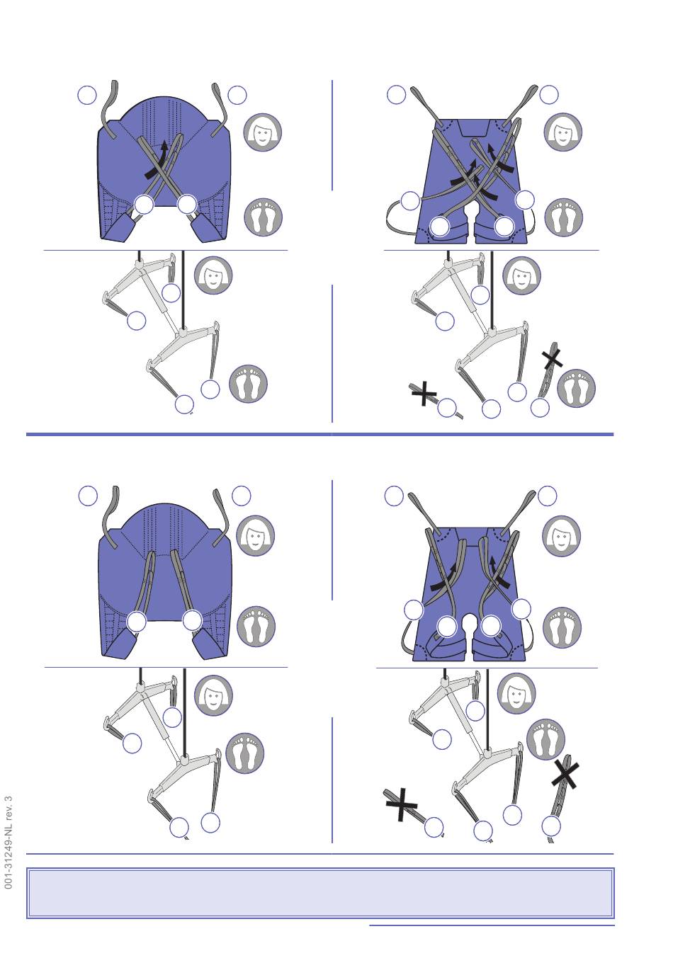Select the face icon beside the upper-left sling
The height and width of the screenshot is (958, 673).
[263, 132]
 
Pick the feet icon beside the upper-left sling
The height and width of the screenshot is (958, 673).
[263, 217]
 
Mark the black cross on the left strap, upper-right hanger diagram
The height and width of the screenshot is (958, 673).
[424, 394]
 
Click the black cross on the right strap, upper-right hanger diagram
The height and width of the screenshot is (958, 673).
[553, 359]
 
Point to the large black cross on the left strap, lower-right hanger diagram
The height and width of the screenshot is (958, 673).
[401, 804]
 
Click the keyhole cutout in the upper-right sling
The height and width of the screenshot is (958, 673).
[472, 211]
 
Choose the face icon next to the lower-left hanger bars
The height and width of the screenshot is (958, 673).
[213, 695]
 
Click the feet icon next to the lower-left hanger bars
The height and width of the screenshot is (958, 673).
[244, 753]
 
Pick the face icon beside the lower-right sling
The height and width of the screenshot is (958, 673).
[561, 536]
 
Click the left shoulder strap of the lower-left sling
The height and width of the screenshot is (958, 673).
[111, 518]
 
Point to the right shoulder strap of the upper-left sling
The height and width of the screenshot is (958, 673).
[220, 110]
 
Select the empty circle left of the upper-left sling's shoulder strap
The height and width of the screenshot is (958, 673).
[87, 94]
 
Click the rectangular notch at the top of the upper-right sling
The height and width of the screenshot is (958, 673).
[473, 128]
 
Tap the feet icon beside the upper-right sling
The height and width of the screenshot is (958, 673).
[564, 217]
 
